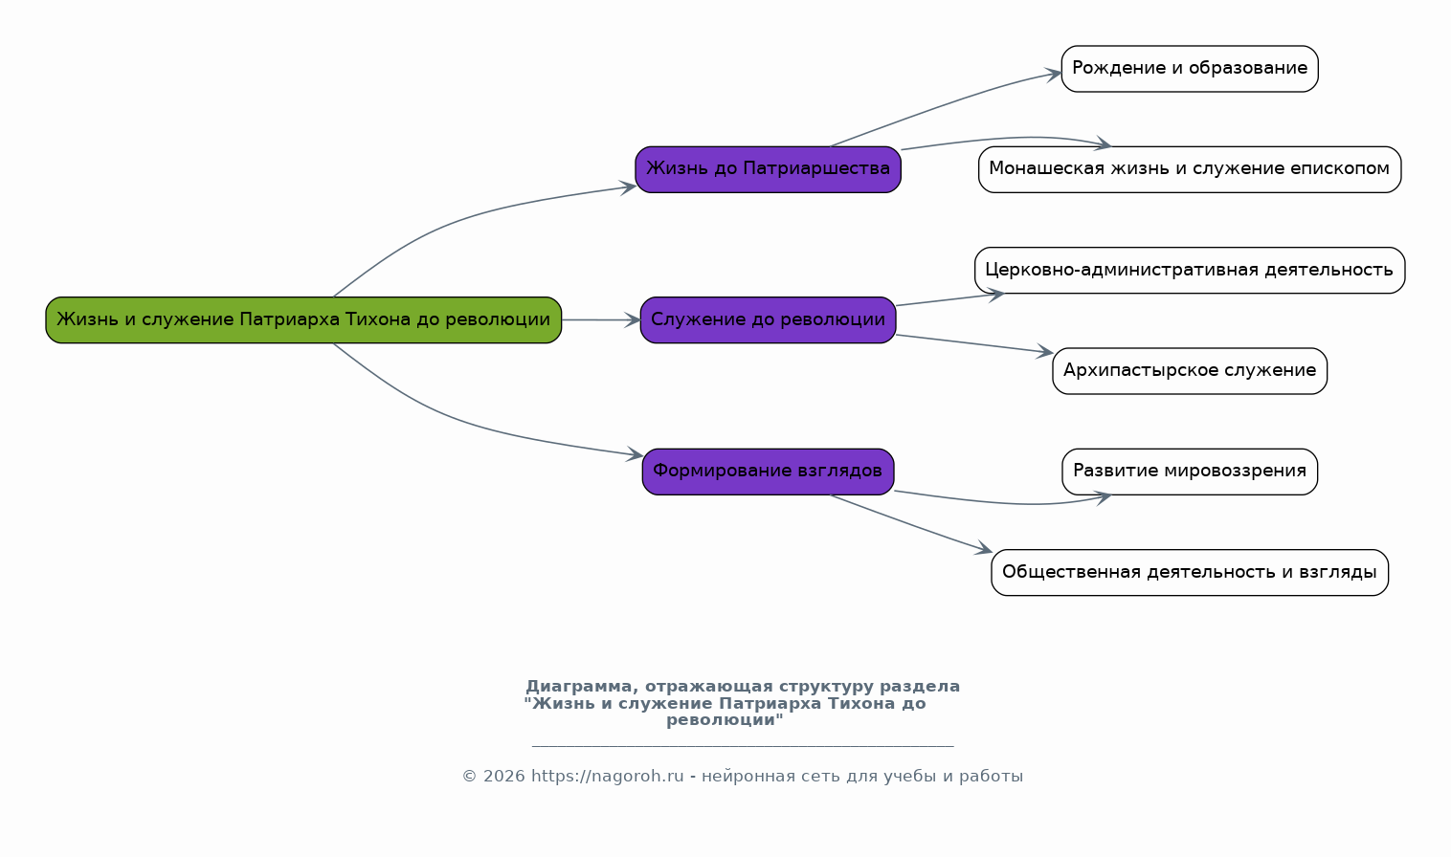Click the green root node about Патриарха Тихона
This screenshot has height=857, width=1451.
(x=303, y=319)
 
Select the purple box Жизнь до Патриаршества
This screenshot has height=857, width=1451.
(x=768, y=169)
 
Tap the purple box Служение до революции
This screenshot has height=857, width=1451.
(x=768, y=319)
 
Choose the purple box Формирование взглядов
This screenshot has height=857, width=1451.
(x=768, y=472)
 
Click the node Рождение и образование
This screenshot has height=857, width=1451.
(x=1190, y=69)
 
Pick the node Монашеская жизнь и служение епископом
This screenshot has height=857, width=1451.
(x=1190, y=169)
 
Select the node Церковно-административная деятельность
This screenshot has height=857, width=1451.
(x=1190, y=270)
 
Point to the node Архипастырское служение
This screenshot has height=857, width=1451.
(x=1190, y=371)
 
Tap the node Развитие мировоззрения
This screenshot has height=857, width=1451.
(x=1190, y=472)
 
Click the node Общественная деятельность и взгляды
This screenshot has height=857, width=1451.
(x=1190, y=572)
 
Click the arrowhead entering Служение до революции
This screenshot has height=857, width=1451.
(x=633, y=319)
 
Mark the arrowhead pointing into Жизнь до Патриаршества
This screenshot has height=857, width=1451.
(x=628, y=187)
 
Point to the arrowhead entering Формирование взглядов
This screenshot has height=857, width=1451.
(x=635, y=454)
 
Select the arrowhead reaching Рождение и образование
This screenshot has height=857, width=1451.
(x=1053, y=75)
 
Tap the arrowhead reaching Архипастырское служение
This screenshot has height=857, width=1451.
(x=1045, y=351)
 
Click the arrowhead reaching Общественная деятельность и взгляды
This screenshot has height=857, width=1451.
(x=984, y=549)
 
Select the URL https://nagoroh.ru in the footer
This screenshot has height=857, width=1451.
(x=607, y=776)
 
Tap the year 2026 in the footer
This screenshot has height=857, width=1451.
(x=504, y=776)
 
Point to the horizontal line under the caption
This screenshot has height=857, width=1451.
(x=743, y=746)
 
